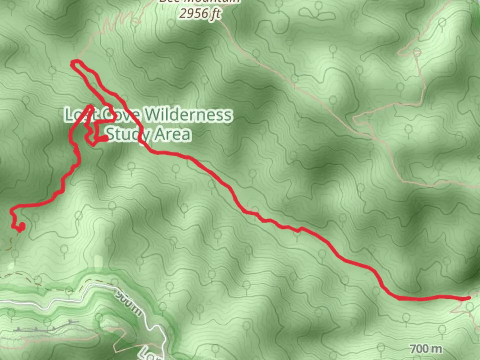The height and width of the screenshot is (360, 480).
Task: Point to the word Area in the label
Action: (173, 134)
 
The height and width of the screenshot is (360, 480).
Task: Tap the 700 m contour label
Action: (426, 349)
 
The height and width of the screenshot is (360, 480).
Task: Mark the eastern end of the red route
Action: (469, 298)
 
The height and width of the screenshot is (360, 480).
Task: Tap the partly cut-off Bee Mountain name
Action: (199, 2)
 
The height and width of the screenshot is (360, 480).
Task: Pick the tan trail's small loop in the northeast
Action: (417, 52)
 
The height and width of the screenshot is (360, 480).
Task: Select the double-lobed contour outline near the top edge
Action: (317, 13)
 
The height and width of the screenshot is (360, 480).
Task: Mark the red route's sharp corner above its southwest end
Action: (12, 210)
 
